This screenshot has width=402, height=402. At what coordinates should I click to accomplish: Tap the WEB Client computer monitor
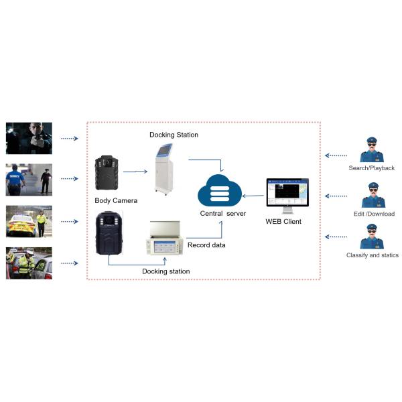[x=287, y=194]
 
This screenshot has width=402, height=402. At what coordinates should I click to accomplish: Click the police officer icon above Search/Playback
[x=372, y=150]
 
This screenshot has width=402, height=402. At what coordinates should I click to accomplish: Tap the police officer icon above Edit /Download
[x=372, y=195]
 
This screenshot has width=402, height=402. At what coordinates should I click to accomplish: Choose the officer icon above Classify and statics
[x=372, y=237]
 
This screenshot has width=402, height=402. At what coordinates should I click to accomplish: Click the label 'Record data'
[x=206, y=245]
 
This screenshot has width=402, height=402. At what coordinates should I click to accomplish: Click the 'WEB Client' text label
[x=284, y=222]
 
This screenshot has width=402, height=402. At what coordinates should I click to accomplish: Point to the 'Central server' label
[x=223, y=214]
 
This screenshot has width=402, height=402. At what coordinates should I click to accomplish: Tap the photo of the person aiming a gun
[x=29, y=138]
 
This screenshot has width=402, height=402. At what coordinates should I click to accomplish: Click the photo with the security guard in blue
[x=29, y=179]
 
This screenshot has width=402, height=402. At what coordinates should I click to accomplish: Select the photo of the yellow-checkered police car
[x=29, y=221]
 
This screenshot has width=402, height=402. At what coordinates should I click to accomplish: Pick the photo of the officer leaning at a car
[x=29, y=263]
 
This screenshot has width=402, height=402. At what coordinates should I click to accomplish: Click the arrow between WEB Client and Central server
[x=253, y=196]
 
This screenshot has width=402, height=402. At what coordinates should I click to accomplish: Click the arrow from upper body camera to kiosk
[x=135, y=172]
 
